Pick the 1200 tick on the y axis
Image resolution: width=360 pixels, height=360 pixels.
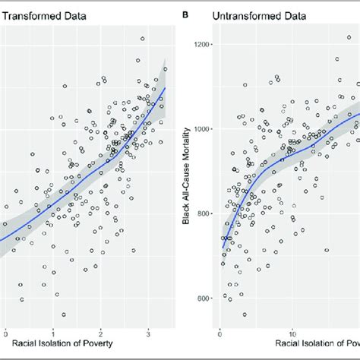coord(201,45)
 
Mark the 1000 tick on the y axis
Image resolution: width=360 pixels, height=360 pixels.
coord(201,129)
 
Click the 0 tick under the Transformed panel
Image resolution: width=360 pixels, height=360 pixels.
coord(6,332)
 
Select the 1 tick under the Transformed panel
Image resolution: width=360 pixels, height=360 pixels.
coord(54,332)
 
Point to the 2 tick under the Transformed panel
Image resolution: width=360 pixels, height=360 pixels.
coord(102,332)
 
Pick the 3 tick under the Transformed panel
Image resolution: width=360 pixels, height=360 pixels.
coord(149,332)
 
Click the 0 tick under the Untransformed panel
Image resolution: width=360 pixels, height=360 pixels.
coord(219,332)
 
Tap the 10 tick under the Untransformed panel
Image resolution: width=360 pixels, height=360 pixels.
coord(292,332)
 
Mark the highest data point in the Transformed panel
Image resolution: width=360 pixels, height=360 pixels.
coord(142,39)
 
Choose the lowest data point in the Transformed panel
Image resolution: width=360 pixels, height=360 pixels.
coord(64,314)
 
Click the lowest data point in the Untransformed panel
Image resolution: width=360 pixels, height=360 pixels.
coord(245,314)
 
